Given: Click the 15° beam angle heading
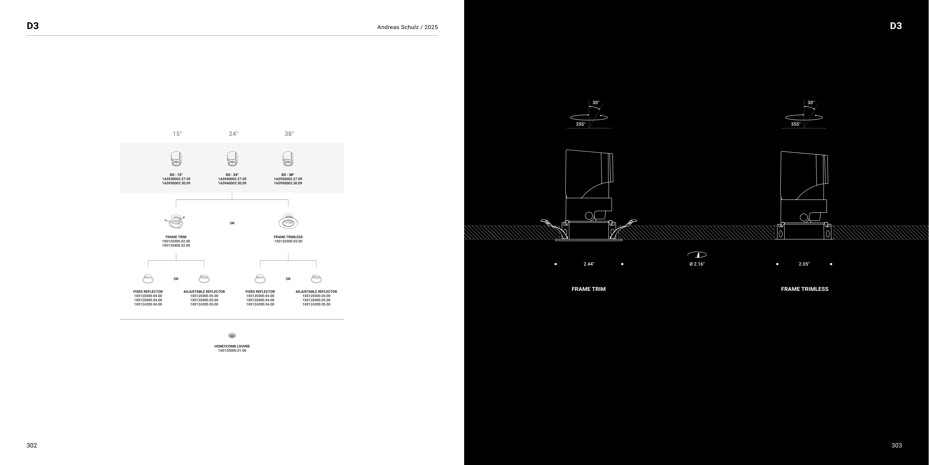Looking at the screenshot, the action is [x=177, y=134].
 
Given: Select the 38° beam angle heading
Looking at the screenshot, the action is [x=289, y=134].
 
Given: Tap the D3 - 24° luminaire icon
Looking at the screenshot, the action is [x=232, y=159].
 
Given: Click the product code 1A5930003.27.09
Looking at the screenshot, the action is [x=176, y=179].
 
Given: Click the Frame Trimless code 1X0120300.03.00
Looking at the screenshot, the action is [x=288, y=241].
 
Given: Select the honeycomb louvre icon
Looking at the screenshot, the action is [x=232, y=336].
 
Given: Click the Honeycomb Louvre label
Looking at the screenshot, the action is [x=232, y=346].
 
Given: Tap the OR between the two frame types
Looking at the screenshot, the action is [x=232, y=223].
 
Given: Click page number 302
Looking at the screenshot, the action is [x=32, y=446].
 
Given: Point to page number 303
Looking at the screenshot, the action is [x=897, y=446].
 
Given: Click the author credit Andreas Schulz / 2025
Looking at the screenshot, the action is [x=408, y=27].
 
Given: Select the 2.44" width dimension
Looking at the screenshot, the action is [x=589, y=264].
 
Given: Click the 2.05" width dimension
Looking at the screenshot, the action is [x=804, y=264].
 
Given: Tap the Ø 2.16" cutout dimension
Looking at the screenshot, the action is [x=697, y=264].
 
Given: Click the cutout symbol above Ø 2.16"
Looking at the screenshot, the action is [x=697, y=255].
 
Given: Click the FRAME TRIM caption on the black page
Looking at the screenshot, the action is [x=589, y=289].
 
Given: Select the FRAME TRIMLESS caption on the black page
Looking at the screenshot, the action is [x=805, y=289].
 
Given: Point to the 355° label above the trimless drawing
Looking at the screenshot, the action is [x=796, y=124].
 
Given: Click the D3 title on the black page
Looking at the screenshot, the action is [x=896, y=26].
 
